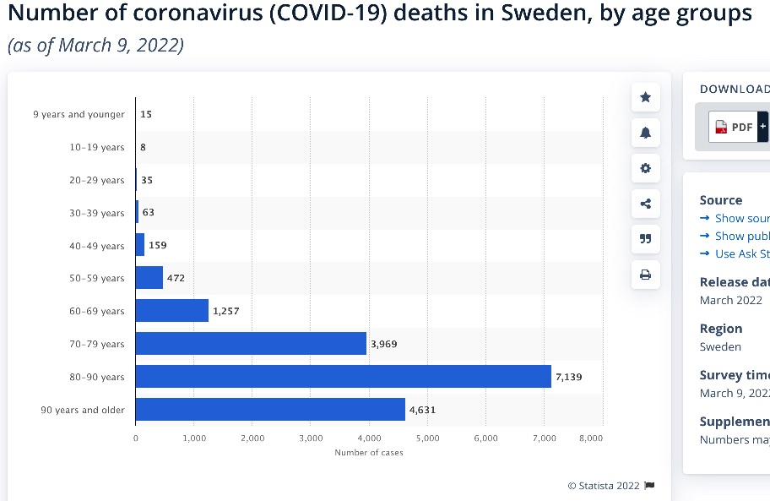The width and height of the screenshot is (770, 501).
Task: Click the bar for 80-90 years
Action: click(x=343, y=377)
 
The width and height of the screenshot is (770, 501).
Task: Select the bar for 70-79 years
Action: click(x=251, y=344)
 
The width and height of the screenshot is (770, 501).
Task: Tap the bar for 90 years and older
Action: click(x=270, y=410)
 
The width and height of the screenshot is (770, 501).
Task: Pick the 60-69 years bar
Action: click(x=171, y=311)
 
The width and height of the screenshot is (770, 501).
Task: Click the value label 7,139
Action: click(x=568, y=377)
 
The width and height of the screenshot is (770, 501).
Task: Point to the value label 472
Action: click(x=176, y=278)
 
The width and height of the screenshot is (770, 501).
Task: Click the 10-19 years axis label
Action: click(x=96, y=147)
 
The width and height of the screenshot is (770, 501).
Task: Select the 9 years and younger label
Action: click(x=79, y=114)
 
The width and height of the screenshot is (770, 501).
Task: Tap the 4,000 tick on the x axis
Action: click(x=369, y=438)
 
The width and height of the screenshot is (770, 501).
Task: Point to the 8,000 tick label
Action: click(x=591, y=438)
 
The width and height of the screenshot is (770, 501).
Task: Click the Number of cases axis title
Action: click(x=369, y=453)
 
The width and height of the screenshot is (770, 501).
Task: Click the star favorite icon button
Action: click(x=646, y=97)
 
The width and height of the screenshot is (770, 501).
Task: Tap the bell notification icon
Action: click(x=646, y=133)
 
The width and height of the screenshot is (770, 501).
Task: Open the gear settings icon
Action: click(x=646, y=168)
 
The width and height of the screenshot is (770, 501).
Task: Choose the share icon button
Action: click(x=646, y=204)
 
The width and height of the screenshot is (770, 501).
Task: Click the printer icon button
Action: click(x=646, y=275)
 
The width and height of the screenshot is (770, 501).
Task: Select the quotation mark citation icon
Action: click(x=646, y=239)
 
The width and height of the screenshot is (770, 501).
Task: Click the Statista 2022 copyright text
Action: click(x=605, y=486)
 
